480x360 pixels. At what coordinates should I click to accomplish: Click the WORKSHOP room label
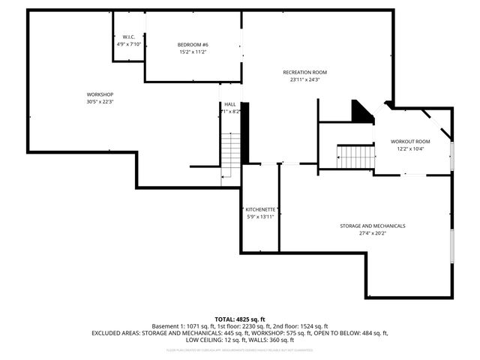(x=100, y=94)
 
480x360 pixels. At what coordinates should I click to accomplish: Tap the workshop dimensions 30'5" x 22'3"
(x=100, y=102)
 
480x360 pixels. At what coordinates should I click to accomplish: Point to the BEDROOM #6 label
(x=193, y=45)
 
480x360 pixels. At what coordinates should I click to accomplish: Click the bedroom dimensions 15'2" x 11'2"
(x=193, y=52)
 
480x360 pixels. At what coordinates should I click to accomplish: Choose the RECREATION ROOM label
(x=304, y=72)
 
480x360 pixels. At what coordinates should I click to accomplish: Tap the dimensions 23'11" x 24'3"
(x=304, y=79)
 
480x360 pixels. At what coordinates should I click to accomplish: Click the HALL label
(x=230, y=104)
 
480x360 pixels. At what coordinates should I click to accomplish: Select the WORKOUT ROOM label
(x=410, y=142)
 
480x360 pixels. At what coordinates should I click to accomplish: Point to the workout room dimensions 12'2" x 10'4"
(x=410, y=149)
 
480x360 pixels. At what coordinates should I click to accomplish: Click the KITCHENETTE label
(x=261, y=209)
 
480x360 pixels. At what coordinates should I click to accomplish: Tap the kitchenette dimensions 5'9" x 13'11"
(x=261, y=217)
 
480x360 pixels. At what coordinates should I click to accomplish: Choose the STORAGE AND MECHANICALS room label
(x=372, y=226)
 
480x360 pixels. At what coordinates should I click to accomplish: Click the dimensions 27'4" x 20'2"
(x=372, y=233)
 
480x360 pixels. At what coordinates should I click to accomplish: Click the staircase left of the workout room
(x=355, y=157)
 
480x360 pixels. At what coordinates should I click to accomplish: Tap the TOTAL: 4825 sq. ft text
(x=240, y=319)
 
